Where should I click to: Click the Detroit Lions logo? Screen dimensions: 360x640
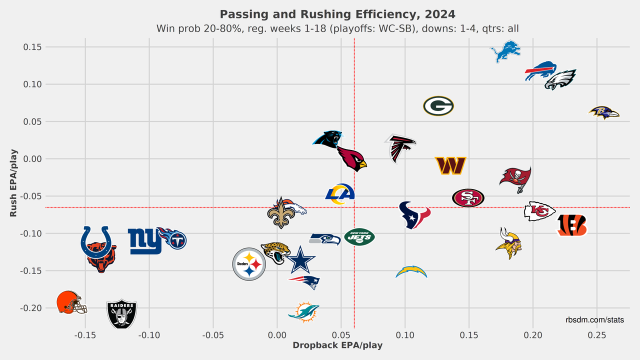(505, 51)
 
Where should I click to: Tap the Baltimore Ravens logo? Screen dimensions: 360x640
(603, 112)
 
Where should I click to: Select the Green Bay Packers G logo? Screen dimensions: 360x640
(438, 106)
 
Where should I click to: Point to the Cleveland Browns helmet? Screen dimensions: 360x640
(70, 302)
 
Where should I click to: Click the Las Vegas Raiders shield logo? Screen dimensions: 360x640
(121, 314)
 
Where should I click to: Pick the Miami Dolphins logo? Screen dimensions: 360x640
(303, 312)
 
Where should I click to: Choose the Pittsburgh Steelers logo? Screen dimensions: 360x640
(249, 264)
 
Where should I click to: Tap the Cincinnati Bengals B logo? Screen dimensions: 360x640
(571, 225)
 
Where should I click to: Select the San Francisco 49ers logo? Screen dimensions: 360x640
(468, 198)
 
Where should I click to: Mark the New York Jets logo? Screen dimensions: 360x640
(359, 236)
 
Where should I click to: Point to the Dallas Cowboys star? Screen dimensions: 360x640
(300, 260)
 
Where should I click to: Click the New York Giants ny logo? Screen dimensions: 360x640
(145, 241)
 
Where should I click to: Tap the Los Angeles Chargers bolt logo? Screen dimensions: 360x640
(411, 272)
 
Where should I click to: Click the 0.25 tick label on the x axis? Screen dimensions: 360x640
(596, 336)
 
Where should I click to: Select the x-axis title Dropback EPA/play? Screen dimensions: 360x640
(337, 345)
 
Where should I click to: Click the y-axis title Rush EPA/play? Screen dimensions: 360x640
(13, 183)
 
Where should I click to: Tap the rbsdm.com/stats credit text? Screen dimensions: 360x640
(594, 319)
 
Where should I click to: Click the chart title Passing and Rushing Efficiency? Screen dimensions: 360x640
(337, 13)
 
